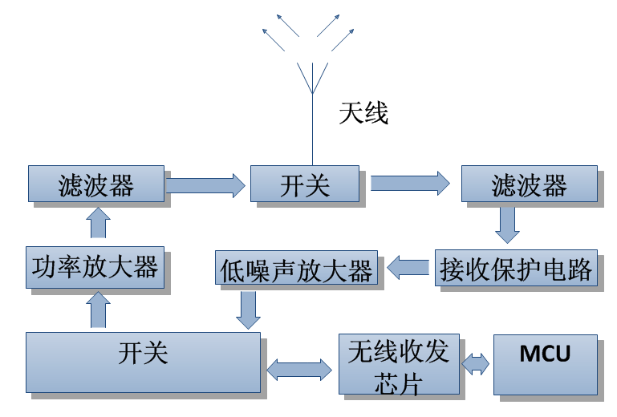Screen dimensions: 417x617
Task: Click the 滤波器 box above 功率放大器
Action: coord(96,184)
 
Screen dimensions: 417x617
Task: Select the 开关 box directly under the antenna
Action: coord(304,184)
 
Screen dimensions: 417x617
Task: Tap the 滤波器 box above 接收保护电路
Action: coord(529,184)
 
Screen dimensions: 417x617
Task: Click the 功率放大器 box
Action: coord(95,267)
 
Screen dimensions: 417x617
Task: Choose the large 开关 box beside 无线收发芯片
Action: coord(143,362)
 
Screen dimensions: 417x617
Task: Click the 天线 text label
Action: coord(363,114)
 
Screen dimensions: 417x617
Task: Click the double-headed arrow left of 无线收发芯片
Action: coord(298,369)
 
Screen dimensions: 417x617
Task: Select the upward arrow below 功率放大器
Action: coord(99,310)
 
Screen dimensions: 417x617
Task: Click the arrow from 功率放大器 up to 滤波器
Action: coord(99,222)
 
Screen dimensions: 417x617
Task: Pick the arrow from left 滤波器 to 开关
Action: coord(205,185)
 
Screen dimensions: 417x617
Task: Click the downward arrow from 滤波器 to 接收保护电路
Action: coord(507,225)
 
